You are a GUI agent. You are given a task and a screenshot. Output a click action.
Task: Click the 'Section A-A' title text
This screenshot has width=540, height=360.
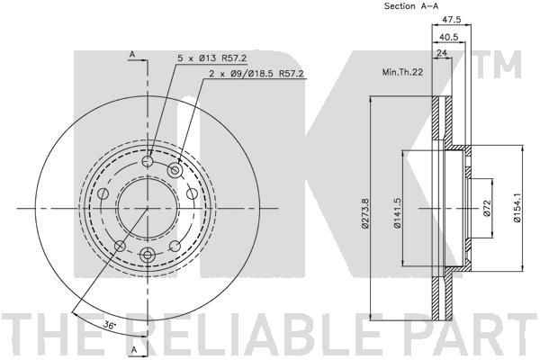pos(411,6)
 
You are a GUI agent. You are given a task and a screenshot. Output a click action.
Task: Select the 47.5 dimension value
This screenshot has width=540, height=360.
pos(452,20)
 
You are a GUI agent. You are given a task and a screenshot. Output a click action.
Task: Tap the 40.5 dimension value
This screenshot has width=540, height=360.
pos(449,37)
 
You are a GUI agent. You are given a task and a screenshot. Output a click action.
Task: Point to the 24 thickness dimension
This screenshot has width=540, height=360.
pos(441,53)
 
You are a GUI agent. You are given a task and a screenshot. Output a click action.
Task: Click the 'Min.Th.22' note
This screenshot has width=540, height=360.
pos(402,72)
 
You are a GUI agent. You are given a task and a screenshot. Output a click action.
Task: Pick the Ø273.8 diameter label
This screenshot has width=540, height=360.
pos(365,213)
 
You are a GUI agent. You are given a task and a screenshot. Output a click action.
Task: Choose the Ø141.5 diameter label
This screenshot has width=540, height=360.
pos(398,213)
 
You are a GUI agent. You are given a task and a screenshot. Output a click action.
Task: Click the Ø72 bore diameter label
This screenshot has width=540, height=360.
pos(486,209)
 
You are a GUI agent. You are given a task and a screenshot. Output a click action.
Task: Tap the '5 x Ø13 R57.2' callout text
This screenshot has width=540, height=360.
pos(211,58)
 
